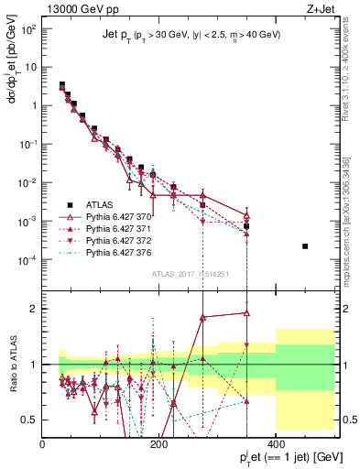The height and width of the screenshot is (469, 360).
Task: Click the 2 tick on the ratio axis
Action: click(34, 309)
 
